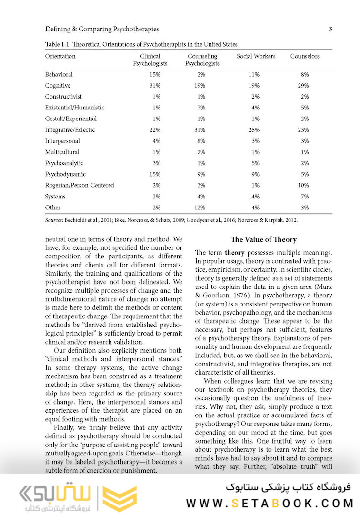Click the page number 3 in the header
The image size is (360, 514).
330,29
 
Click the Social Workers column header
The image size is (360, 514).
256,56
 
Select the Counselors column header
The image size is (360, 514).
305,56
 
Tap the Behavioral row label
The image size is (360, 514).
59,75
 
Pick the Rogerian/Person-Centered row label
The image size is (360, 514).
80,185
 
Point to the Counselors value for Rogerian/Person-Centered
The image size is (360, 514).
305,185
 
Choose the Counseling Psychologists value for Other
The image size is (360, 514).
200,208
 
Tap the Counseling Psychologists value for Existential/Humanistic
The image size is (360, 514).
200,108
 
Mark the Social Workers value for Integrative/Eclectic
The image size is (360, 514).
253,130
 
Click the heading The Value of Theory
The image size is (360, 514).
263,239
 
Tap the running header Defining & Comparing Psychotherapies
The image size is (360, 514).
102,30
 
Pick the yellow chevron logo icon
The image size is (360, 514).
120,497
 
